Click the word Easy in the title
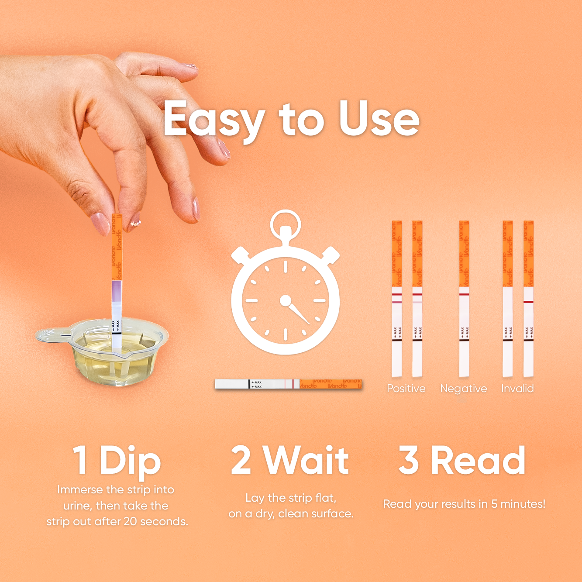tap(214, 119)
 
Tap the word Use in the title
tap(379, 119)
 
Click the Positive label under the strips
tap(406, 389)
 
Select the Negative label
tap(463, 389)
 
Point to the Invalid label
tap(517, 389)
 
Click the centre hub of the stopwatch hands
tap(286, 300)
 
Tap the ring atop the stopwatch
tap(286, 223)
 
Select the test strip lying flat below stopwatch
tap(288, 384)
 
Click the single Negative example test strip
tap(464, 299)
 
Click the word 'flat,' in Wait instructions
tap(325, 498)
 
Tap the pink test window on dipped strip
tap(117, 291)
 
